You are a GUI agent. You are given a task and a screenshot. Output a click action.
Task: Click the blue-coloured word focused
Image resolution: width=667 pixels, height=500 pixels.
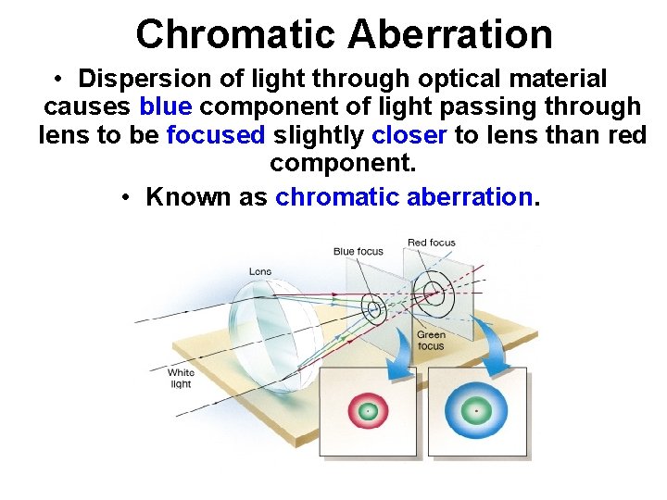coord(215,135)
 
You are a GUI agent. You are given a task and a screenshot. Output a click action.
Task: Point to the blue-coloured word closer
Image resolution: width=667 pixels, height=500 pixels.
coord(409,135)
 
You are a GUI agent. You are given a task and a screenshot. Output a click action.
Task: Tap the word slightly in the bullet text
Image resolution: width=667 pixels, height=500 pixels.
coord(318,135)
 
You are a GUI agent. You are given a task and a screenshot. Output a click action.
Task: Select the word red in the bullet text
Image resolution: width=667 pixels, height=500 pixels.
coord(625,135)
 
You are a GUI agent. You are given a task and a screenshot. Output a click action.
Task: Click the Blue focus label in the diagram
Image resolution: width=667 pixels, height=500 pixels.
coord(358,251)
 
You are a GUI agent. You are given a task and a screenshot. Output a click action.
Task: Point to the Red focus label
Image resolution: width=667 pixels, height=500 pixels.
coord(432,243)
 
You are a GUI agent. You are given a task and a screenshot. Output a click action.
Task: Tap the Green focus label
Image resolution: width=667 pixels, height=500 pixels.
coord(431,340)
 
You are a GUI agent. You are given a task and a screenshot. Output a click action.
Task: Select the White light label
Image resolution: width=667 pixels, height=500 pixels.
coord(181,378)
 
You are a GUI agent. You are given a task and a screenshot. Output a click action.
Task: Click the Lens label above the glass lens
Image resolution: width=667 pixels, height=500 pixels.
coord(260,271)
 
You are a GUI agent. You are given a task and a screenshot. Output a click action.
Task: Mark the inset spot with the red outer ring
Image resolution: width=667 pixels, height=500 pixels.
coord(368,410)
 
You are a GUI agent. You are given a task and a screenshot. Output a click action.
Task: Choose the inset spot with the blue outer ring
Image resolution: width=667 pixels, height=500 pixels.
coord(476,409)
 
